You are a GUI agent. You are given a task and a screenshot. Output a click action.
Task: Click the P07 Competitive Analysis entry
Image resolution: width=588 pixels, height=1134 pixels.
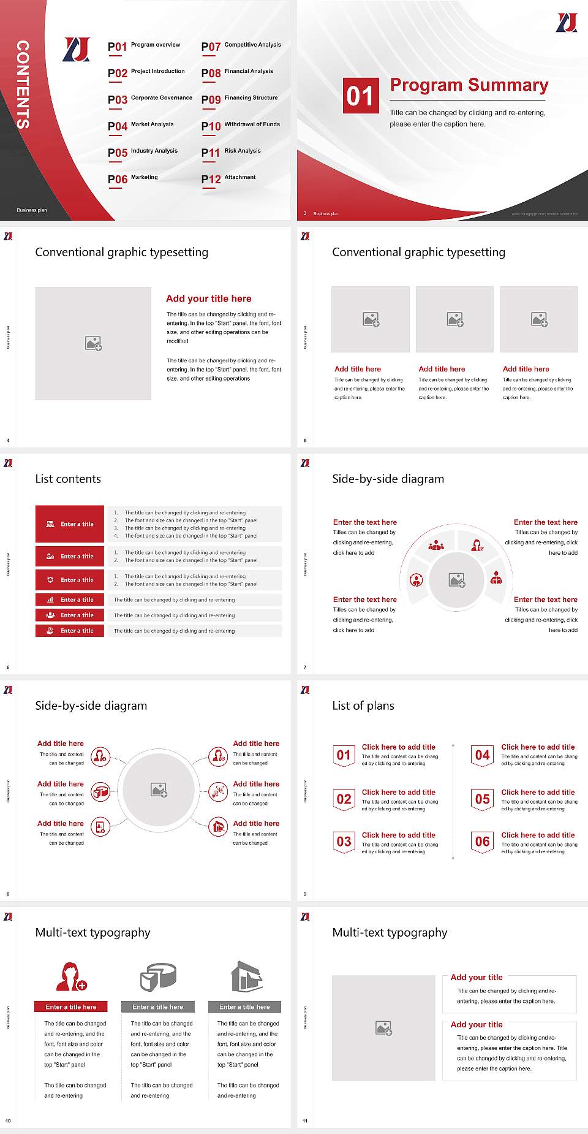[x=241, y=46]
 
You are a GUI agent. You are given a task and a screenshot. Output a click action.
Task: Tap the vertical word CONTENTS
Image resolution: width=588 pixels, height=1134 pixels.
[x=22, y=85]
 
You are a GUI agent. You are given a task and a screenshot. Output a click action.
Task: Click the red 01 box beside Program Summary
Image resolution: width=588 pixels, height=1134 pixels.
[x=360, y=96]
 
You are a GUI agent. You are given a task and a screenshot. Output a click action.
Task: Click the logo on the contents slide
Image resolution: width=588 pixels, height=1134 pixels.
[x=77, y=50]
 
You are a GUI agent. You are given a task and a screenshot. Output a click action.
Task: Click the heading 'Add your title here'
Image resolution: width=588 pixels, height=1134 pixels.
[x=208, y=299]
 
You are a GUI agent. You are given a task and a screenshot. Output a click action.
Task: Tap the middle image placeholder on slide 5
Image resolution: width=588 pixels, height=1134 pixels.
[x=454, y=319]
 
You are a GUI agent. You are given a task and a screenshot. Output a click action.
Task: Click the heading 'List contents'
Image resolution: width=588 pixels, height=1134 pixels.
[x=68, y=479]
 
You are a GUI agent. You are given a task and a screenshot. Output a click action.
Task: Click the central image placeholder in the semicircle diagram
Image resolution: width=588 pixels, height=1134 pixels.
[x=457, y=580]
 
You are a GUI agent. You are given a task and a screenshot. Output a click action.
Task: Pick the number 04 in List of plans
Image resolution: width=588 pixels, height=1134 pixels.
[x=483, y=755]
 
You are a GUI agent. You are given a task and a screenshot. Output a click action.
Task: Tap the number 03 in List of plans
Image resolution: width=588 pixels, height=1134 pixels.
[x=344, y=842]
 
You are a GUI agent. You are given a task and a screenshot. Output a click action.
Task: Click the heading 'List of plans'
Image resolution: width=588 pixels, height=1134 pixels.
[x=363, y=706]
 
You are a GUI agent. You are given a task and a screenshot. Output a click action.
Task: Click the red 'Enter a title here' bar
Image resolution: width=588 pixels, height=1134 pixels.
[x=70, y=1007]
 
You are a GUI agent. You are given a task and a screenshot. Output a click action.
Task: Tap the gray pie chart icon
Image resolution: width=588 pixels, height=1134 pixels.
[x=158, y=976]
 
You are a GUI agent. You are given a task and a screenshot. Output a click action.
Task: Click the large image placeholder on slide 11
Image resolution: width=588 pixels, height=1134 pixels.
[x=383, y=1028]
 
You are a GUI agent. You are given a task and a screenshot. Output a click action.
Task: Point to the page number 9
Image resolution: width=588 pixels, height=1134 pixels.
[x=305, y=894]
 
